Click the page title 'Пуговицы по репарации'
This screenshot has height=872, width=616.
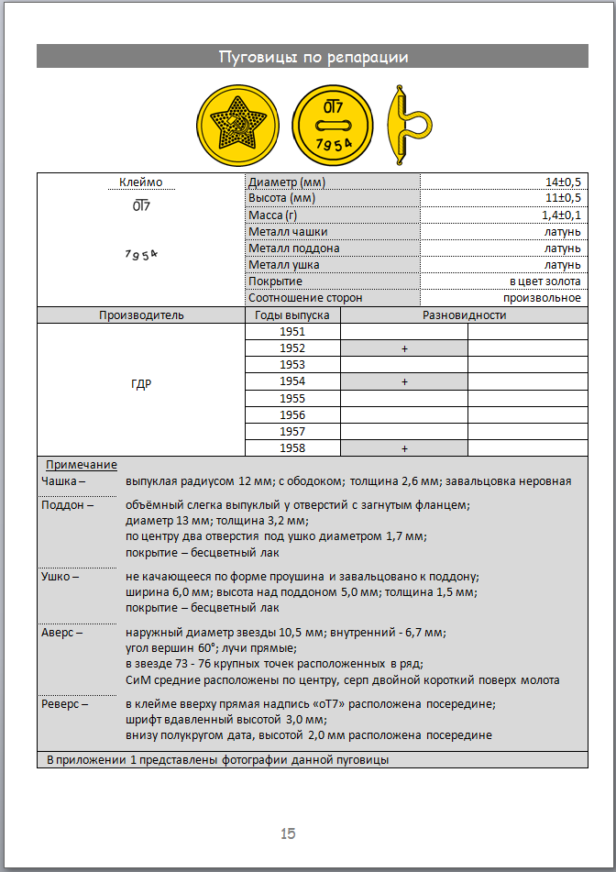point(313,57)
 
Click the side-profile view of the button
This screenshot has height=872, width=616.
point(405,126)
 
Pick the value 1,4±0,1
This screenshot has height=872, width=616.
point(561,215)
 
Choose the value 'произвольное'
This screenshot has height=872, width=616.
point(542,298)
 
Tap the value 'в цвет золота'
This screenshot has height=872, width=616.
point(545,281)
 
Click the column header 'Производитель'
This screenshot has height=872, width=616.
point(141,315)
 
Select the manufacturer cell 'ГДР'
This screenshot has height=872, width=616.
point(141,384)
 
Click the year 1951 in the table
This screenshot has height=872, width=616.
point(292,332)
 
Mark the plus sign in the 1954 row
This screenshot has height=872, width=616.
point(403,381)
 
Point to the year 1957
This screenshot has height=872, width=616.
point(292,431)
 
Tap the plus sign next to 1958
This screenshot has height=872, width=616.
point(403,448)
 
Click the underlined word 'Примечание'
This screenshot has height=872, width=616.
point(82,465)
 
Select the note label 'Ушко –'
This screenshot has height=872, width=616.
point(60,577)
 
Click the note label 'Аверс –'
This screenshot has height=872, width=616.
point(62,632)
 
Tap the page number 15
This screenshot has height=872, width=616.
point(288,833)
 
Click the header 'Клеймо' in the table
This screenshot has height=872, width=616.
point(141,182)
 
